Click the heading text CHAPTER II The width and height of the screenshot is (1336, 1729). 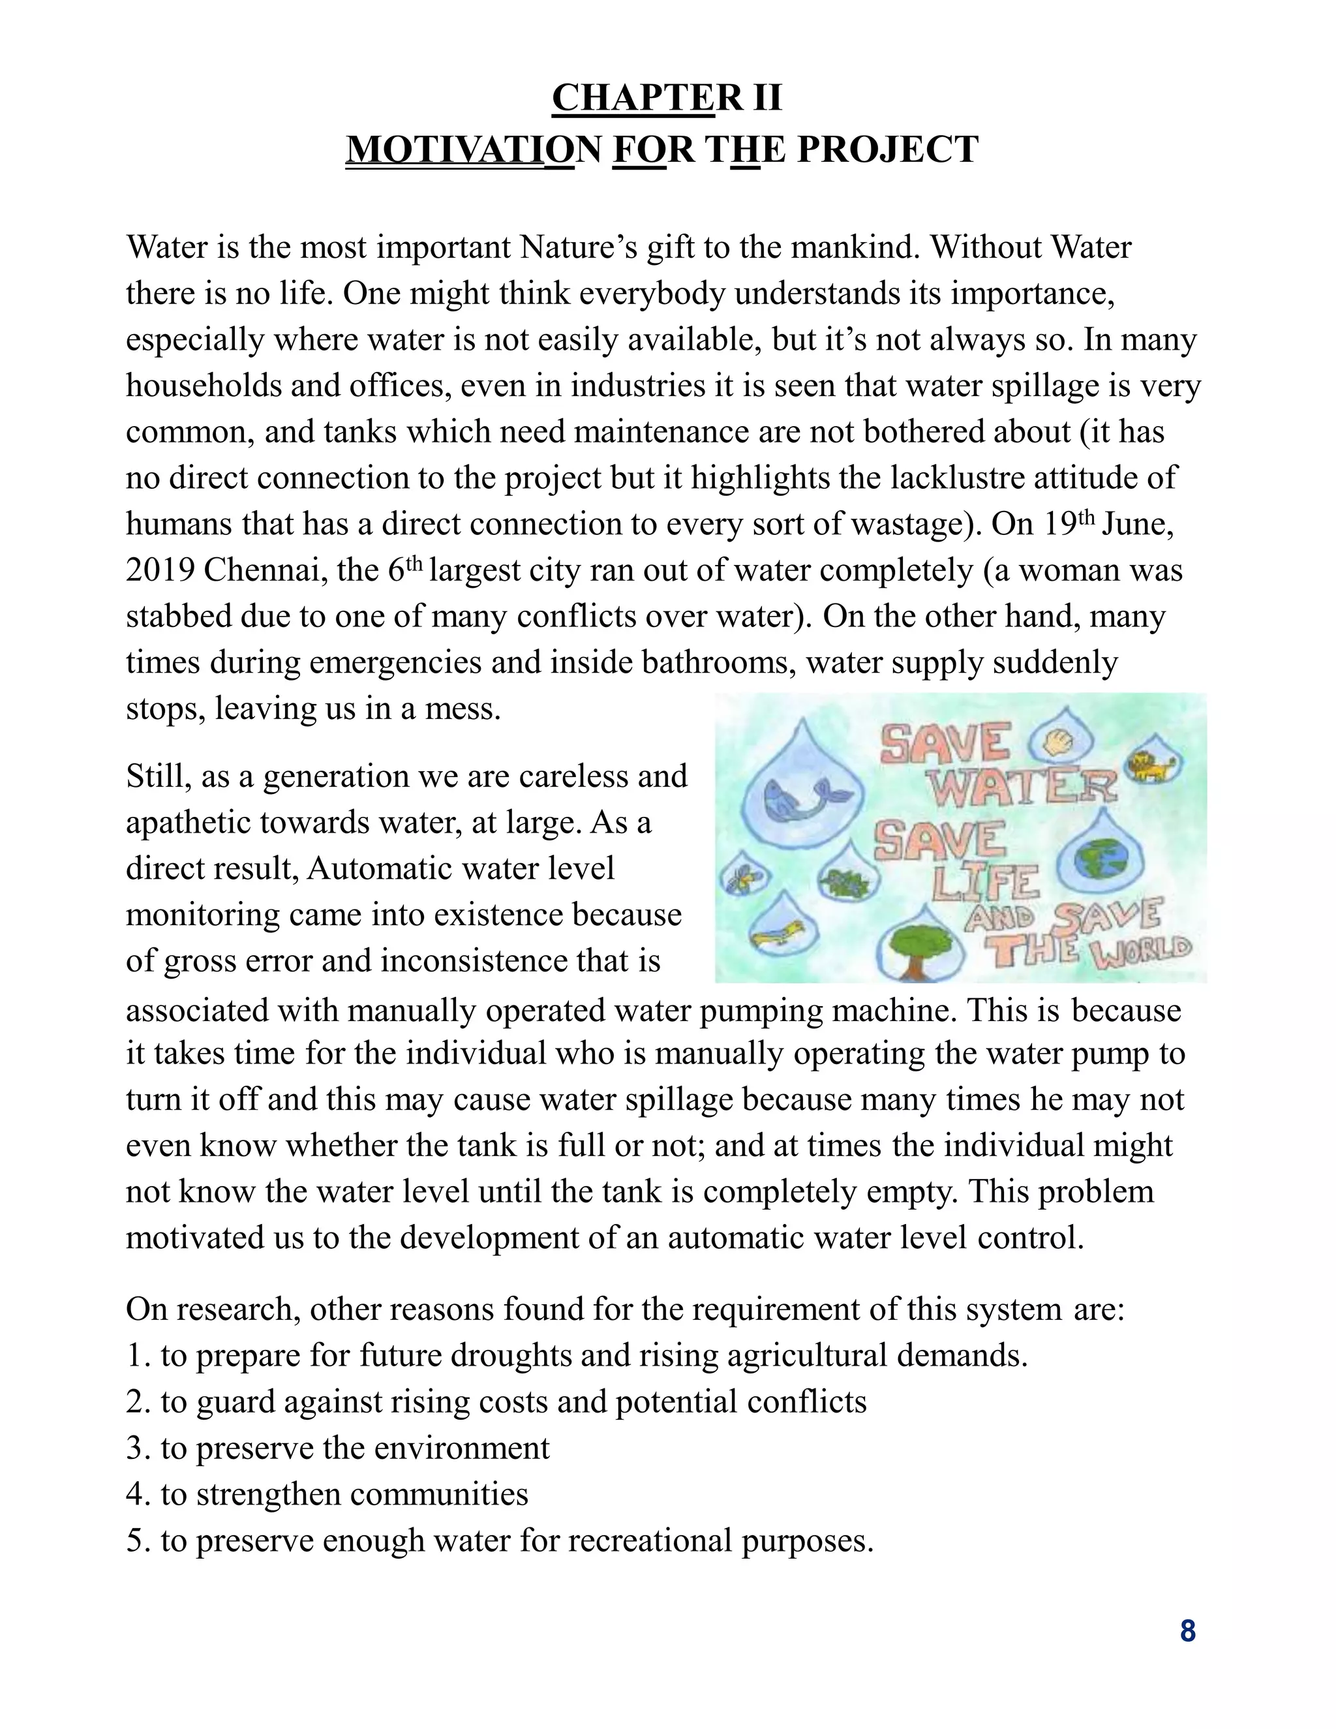click(667, 97)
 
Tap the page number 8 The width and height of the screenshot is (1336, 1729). click(1187, 1632)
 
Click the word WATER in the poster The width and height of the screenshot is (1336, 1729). click(1021, 787)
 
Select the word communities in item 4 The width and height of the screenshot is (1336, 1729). click(438, 1494)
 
